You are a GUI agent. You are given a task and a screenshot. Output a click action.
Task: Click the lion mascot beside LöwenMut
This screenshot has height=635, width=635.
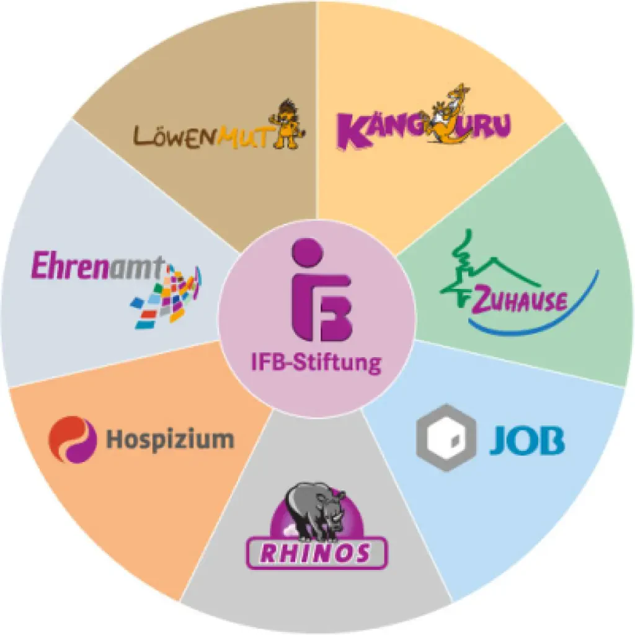(x=288, y=123)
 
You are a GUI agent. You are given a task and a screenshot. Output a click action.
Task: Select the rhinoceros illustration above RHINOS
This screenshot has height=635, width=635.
(x=316, y=512)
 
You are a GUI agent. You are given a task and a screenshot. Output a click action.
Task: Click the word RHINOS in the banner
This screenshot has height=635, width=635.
(x=316, y=553)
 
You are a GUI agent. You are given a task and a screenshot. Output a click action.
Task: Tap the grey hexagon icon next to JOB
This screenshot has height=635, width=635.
(x=446, y=438)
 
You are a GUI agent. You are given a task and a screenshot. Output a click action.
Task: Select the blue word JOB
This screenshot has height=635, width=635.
(x=527, y=440)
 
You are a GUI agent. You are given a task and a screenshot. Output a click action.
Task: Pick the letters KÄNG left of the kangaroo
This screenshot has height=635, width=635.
(x=381, y=130)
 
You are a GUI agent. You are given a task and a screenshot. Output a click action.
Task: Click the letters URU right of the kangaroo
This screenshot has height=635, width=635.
(x=489, y=126)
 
